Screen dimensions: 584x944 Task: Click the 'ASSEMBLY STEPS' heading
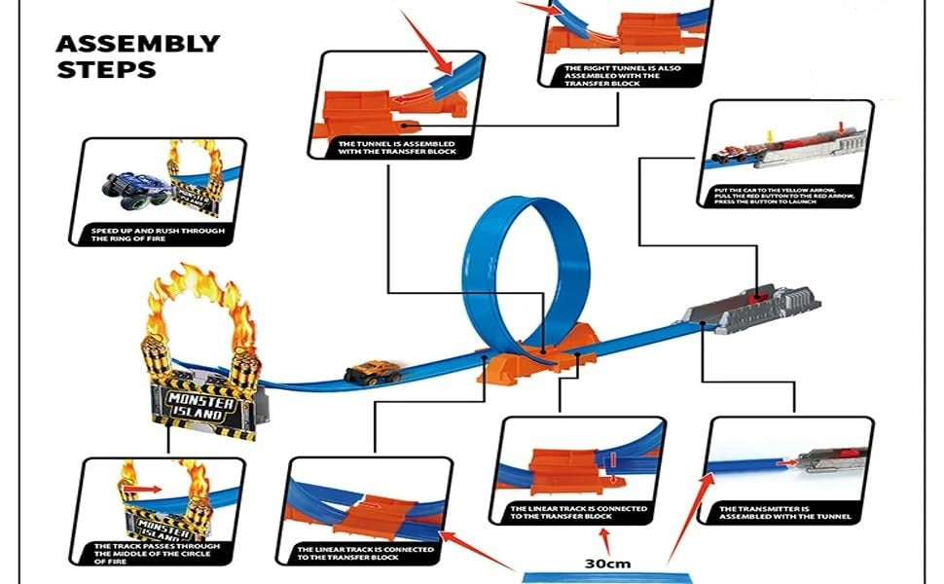[x=137, y=56]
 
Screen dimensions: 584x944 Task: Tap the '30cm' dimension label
[x=606, y=564]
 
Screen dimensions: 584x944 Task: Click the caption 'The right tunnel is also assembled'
[x=612, y=76]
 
